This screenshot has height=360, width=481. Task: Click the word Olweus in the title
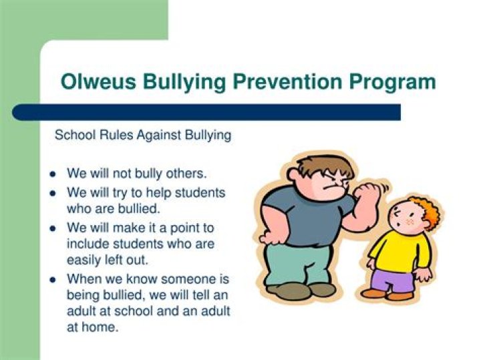coord(98,81)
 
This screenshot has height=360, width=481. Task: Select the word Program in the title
coord(392,83)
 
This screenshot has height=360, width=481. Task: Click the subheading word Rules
coord(117,135)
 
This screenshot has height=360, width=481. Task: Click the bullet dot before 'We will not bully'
coord(53,174)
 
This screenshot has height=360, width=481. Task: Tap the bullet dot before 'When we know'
coord(53,279)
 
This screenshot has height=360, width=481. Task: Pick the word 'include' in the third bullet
coord(88,244)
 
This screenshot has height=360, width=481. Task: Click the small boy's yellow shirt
coord(399,250)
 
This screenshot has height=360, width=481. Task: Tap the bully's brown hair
coord(325,165)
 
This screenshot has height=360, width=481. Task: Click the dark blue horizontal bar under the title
coord(206,112)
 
